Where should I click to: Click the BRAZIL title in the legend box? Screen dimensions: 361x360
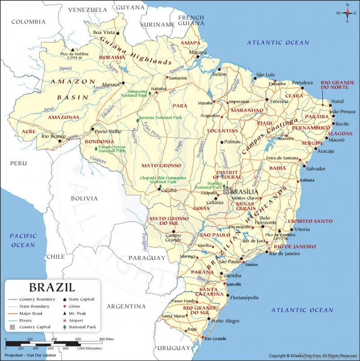(52, 287)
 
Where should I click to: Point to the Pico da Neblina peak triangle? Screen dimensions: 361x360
(72, 49)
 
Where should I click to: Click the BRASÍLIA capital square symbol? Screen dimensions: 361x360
(226, 191)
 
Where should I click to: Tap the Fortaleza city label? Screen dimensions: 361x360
(302, 83)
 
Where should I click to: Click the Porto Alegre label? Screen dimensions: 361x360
(225, 321)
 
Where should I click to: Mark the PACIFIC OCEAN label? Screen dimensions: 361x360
(23, 240)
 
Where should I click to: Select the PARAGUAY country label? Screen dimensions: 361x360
(147, 258)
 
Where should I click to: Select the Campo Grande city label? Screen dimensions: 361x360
(173, 238)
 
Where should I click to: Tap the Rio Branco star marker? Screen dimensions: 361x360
(59, 140)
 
